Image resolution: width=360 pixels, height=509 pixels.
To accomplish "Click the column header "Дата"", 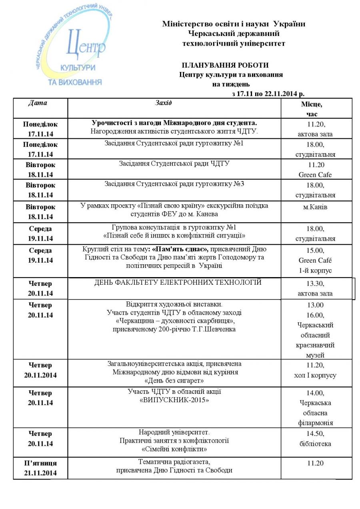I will pos(38,103).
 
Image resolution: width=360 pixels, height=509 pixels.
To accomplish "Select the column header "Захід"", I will pos(163,103).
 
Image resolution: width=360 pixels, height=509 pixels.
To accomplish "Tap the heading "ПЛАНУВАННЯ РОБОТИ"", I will pos(225,65).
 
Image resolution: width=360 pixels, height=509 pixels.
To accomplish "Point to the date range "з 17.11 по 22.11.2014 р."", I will pos(268,94).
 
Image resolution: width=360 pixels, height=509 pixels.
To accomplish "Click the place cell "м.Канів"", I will pos(316,207).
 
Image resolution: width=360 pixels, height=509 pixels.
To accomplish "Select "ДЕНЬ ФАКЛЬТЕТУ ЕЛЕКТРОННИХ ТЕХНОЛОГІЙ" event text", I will pos(178,282).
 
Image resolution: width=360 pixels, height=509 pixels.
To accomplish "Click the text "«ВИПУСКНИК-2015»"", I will pos(174,400).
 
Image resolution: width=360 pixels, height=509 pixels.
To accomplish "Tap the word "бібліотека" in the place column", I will pos(315,443).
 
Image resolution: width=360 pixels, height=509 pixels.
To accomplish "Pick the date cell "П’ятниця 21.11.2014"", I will pos(40,468).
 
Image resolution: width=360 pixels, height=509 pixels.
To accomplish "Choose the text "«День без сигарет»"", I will pos(174,380).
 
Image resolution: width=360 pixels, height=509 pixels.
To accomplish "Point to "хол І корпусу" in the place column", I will pos(315,375).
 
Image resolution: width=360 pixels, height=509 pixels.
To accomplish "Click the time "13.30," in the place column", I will pos(315,283).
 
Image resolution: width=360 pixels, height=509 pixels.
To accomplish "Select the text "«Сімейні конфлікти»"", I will pos(174,449).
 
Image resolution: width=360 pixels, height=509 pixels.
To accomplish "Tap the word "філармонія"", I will pos(315,423).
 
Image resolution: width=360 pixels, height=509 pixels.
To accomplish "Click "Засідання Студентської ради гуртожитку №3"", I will pos(174,184).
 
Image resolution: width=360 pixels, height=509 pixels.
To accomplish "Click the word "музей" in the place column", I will pos(315,355).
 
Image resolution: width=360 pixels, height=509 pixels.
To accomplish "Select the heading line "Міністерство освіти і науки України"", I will pos(234,24).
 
